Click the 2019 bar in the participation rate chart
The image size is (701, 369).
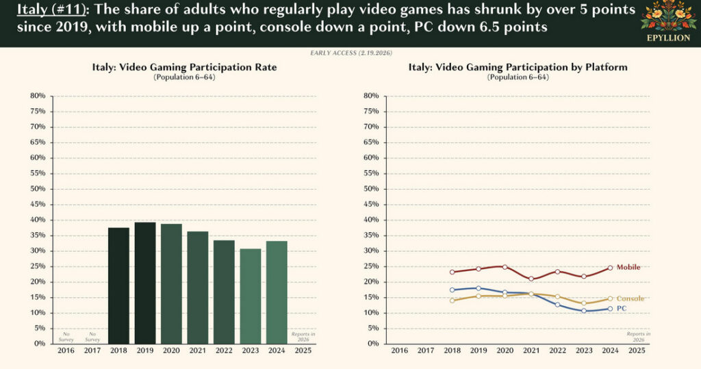pyautogui.click(x=145, y=282)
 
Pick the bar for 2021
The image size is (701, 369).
pyautogui.click(x=198, y=287)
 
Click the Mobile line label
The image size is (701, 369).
pyautogui.click(x=628, y=267)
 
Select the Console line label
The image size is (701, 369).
pyautogui.click(x=630, y=298)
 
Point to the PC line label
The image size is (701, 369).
pyautogui.click(x=622, y=309)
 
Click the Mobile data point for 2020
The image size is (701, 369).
pyautogui.click(x=505, y=267)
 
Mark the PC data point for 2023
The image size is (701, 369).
pyautogui.click(x=584, y=311)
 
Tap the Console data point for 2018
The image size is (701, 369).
pyautogui.click(x=452, y=300)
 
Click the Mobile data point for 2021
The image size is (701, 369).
pyautogui.click(x=531, y=279)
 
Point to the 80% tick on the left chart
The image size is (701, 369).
pyautogui.click(x=38, y=96)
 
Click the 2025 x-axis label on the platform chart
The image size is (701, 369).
pyautogui.click(x=637, y=351)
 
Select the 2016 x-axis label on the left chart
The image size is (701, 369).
pyautogui.click(x=66, y=351)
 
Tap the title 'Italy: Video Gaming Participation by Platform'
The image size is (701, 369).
pyautogui.click(x=518, y=67)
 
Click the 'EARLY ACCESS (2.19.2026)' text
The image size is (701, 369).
pyautogui.click(x=350, y=53)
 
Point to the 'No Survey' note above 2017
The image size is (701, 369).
pyautogui.click(x=92, y=336)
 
